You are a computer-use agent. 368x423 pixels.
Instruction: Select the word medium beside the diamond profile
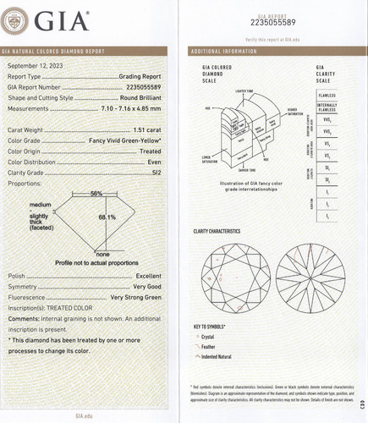pos(40,206)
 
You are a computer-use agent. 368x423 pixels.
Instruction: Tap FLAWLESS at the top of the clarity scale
pos(331,95)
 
